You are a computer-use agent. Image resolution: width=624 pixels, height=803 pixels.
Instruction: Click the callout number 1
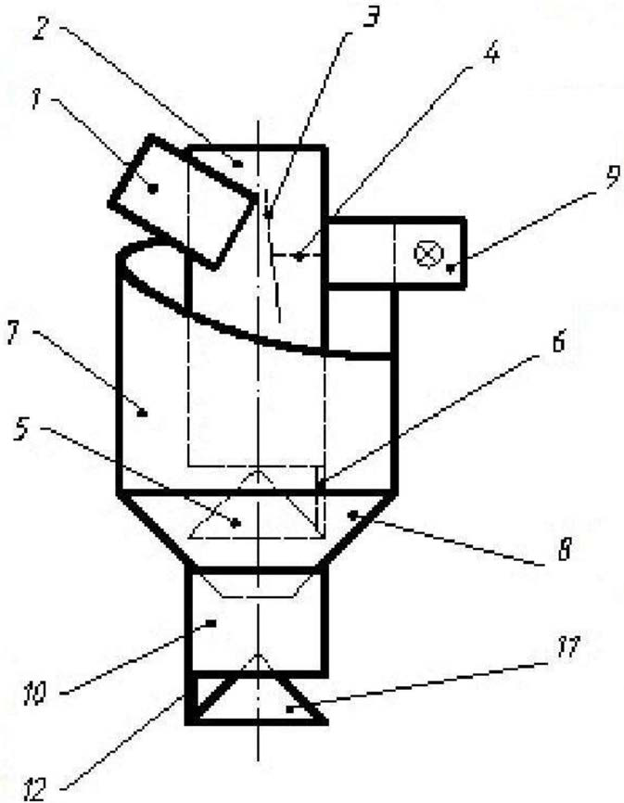click(x=35, y=99)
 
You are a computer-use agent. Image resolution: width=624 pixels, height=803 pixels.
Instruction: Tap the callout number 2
click(x=43, y=28)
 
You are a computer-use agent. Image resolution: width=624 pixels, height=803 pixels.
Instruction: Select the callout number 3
click(x=371, y=16)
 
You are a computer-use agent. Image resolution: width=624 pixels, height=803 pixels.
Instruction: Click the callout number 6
click(x=558, y=341)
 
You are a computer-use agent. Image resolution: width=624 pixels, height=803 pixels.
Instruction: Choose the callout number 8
click(x=564, y=550)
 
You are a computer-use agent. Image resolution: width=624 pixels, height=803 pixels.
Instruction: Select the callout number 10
click(x=35, y=694)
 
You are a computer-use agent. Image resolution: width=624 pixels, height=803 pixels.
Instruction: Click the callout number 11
click(x=568, y=648)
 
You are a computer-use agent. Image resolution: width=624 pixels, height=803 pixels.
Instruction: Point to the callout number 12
click(x=35, y=788)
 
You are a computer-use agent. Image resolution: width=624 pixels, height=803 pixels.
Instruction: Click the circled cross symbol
click(x=428, y=253)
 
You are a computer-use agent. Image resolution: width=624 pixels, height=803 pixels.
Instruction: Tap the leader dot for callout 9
click(x=451, y=267)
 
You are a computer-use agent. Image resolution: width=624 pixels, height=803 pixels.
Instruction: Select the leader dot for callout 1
click(x=151, y=189)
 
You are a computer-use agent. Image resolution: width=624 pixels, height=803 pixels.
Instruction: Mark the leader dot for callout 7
click(x=144, y=413)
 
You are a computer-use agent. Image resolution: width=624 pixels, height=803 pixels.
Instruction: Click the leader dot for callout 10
click(x=210, y=623)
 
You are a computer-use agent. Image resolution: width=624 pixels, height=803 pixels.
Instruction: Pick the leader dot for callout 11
click(x=289, y=709)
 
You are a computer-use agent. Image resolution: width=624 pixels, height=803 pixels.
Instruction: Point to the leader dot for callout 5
click(x=236, y=523)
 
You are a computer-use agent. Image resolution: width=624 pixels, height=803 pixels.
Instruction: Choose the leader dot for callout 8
click(x=351, y=514)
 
